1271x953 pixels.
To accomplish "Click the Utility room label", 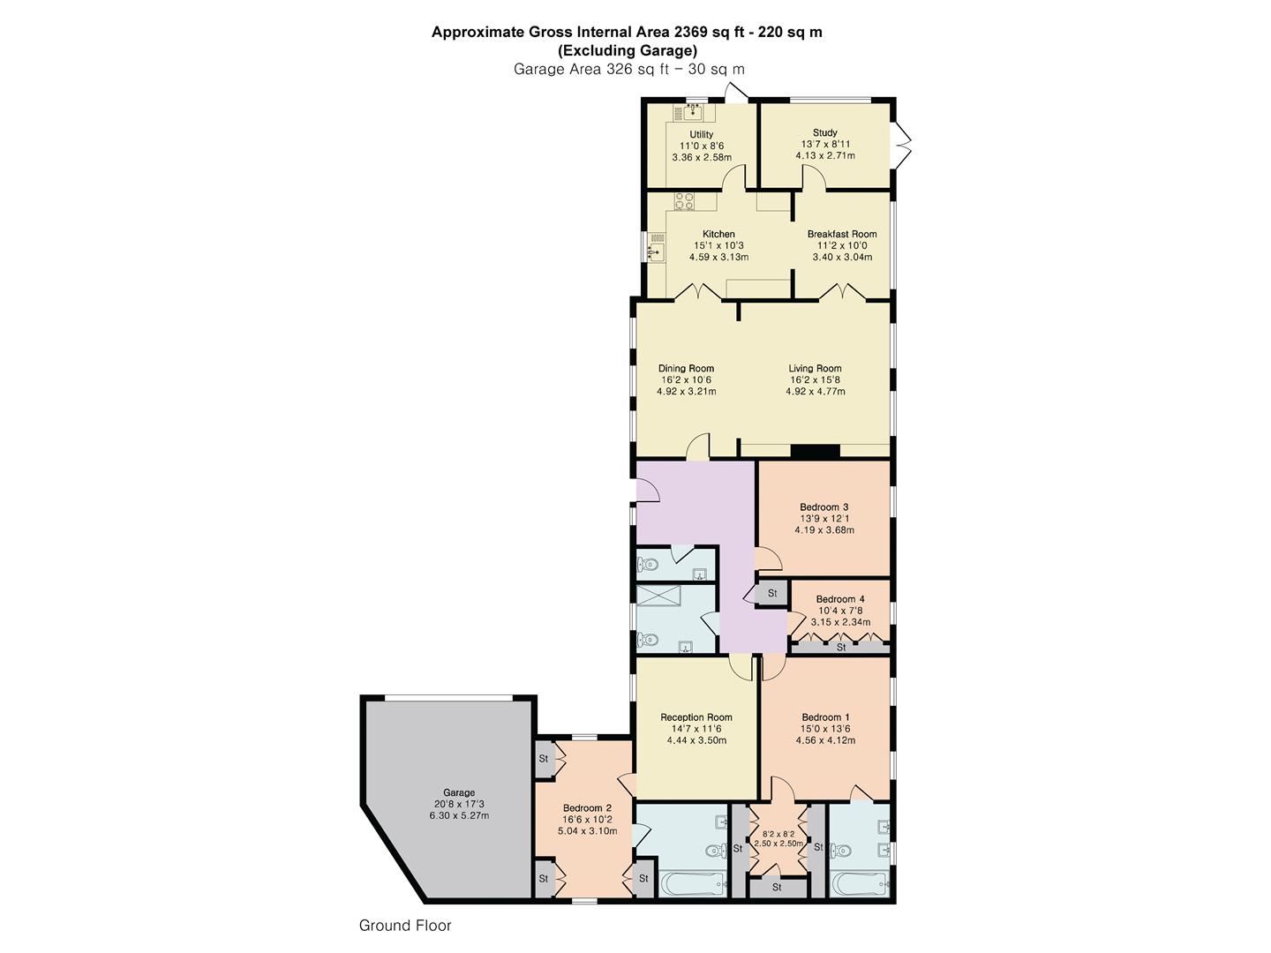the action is tap(701, 134).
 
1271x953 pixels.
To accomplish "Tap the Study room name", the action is tap(824, 132).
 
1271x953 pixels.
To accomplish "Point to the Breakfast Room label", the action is tap(842, 234).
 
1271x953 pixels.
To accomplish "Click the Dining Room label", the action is tap(686, 368).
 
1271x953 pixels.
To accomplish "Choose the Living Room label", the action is tap(815, 368).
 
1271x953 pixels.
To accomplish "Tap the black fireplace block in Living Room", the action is tap(816, 452).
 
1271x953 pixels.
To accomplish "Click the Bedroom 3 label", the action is tap(824, 507).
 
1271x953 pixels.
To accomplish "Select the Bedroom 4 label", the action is tap(840, 599).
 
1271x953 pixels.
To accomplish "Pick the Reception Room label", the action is tap(696, 717).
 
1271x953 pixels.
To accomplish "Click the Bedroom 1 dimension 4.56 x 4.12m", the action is tap(825, 740).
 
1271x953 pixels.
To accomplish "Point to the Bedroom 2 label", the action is tap(587, 807).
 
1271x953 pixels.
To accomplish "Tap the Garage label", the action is tap(459, 792).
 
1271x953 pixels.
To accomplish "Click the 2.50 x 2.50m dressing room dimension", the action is tap(778, 843).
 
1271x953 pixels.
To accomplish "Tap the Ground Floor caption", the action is tap(405, 926).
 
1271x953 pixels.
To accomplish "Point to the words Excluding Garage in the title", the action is tap(627, 50).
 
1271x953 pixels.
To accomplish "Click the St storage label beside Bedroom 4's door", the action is tap(771, 593).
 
